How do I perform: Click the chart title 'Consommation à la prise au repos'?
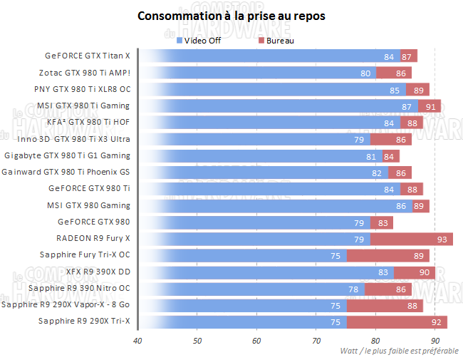(231, 16)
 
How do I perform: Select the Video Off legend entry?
(202, 41)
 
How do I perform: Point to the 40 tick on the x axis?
(137, 341)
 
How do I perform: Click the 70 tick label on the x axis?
(316, 341)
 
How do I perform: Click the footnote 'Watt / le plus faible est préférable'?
(399, 351)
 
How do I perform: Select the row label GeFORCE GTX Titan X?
(88, 56)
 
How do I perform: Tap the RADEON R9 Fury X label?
(93, 238)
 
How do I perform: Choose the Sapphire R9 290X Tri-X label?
(84, 322)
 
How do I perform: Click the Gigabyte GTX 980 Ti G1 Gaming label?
(68, 155)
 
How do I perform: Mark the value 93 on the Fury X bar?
(442, 239)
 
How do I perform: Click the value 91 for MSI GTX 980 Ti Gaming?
(430, 106)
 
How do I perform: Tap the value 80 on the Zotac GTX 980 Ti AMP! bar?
(365, 73)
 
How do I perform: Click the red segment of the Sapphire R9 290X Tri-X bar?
(396, 322)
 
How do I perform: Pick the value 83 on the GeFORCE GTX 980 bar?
(383, 222)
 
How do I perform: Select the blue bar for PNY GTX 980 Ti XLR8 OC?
(271, 89)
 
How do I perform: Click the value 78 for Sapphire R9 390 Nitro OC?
(353, 289)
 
